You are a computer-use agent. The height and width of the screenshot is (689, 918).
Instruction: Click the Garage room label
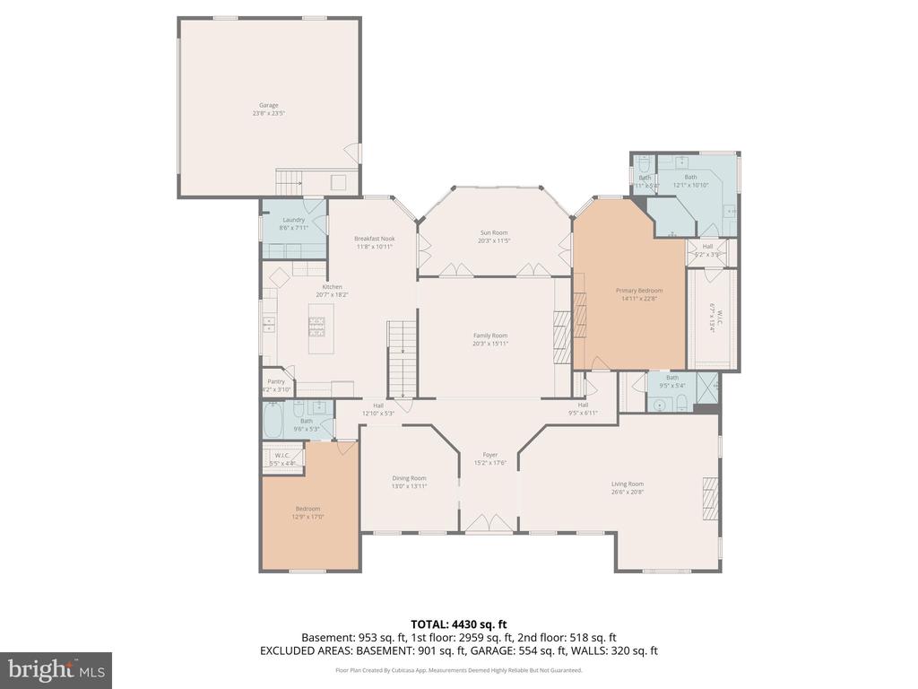point(269,105)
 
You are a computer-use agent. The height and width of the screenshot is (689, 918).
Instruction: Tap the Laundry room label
point(293,220)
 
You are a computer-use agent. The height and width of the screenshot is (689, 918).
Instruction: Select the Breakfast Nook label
point(373,239)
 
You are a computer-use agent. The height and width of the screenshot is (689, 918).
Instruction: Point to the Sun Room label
point(493,232)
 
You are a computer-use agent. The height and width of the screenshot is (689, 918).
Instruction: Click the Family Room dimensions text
point(490,344)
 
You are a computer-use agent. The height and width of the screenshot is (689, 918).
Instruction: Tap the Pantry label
point(275,381)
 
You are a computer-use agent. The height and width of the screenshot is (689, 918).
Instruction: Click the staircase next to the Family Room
point(403,359)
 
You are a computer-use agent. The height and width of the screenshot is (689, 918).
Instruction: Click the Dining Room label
point(409,478)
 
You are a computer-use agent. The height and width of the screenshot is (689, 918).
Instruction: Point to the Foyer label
point(489,455)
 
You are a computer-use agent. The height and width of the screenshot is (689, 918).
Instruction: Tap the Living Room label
point(628,484)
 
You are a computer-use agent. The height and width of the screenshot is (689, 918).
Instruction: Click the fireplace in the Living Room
point(709,499)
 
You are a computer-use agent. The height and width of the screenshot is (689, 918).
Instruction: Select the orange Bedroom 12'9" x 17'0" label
point(307,509)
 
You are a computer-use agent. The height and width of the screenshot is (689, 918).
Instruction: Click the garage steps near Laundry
point(289,184)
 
